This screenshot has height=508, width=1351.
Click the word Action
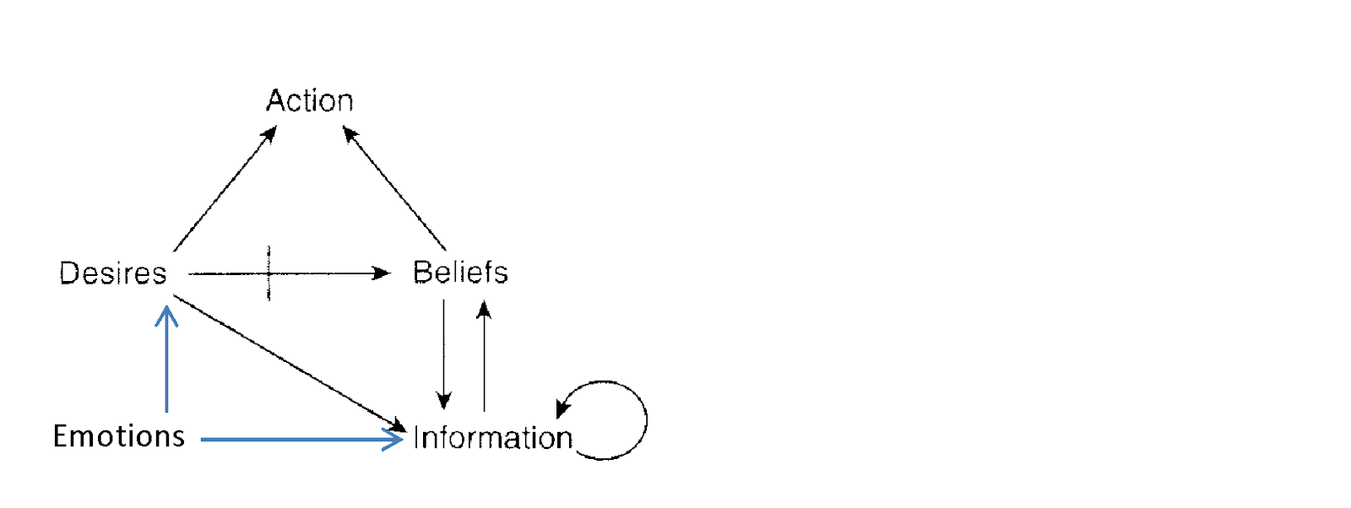[310, 101]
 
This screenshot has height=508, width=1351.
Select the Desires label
[113, 273]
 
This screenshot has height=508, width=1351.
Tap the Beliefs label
[460, 273]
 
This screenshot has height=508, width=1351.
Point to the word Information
[493, 438]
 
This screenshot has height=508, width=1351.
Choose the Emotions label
[119, 436]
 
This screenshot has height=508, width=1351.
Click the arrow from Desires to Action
[225, 189]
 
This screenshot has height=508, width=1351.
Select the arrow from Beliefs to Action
[394, 188]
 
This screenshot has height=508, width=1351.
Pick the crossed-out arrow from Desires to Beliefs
[321, 273]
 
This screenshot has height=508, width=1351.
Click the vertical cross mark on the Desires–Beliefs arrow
[269, 273]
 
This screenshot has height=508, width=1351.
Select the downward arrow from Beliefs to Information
[444, 354]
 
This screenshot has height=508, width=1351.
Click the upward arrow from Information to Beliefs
[484, 354]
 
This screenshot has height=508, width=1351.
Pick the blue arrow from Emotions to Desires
[167, 363]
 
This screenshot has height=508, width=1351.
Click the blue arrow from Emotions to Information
[296, 440]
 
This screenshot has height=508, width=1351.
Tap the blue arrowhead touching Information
[395, 439]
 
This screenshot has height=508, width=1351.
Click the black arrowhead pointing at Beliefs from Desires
[383, 273]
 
